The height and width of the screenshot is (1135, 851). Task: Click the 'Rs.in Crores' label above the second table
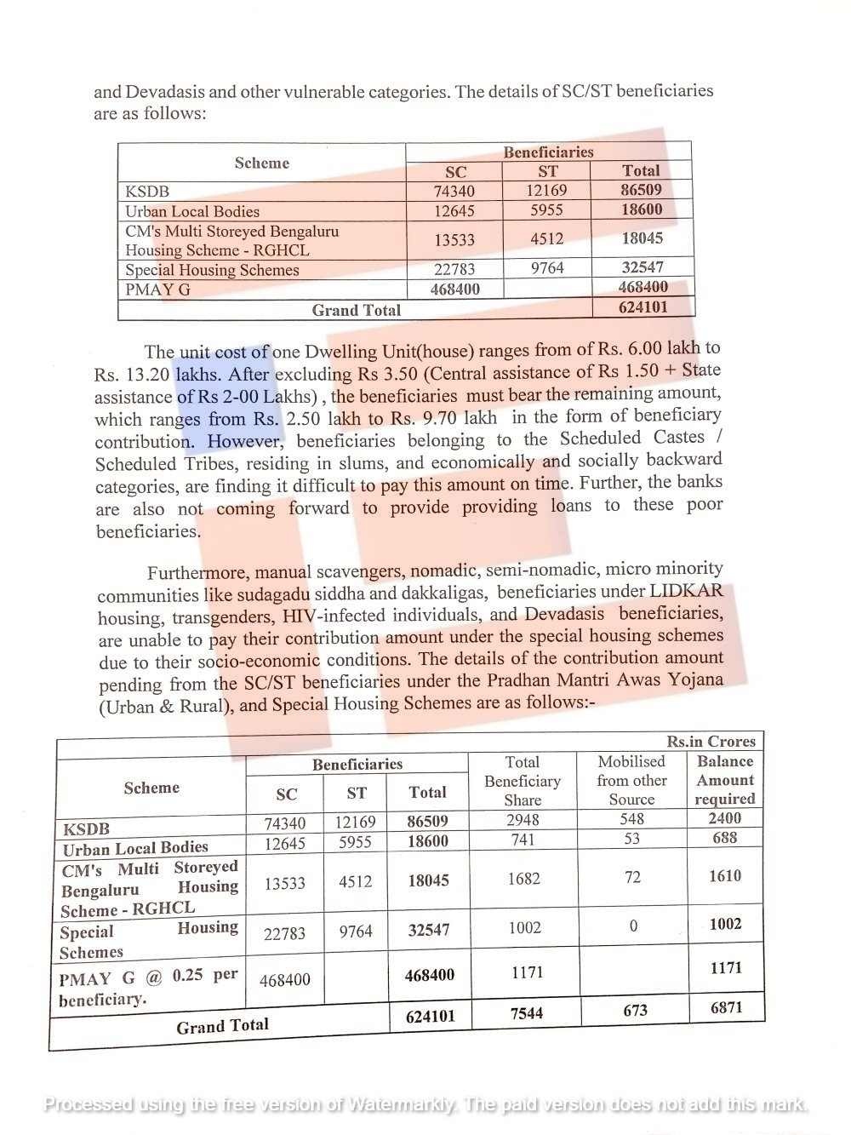pyautogui.click(x=711, y=742)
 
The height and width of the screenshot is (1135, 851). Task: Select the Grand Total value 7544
pyautogui.click(x=526, y=1013)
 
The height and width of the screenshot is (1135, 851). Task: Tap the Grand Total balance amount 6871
pyautogui.click(x=726, y=1007)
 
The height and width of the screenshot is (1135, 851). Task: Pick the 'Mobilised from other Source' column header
pyautogui.click(x=631, y=780)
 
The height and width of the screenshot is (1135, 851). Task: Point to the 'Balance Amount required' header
pyautogui.click(x=725, y=780)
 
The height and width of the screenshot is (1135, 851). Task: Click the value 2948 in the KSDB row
pyautogui.click(x=523, y=820)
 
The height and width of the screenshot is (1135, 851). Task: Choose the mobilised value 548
pyautogui.click(x=632, y=819)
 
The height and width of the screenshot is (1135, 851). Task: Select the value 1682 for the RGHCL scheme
pyautogui.click(x=523, y=878)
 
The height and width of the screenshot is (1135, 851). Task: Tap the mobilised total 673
pyautogui.click(x=635, y=1011)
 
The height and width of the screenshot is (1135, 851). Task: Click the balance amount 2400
pyautogui.click(x=725, y=818)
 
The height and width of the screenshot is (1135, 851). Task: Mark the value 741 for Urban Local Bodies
pyautogui.click(x=523, y=840)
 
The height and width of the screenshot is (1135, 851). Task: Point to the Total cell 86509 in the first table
pyautogui.click(x=641, y=190)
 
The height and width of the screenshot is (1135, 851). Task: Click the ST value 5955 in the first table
pyautogui.click(x=546, y=209)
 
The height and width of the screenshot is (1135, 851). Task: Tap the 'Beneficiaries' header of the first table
pyautogui.click(x=548, y=152)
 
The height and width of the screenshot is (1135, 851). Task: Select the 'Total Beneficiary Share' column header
pyautogui.click(x=522, y=781)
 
